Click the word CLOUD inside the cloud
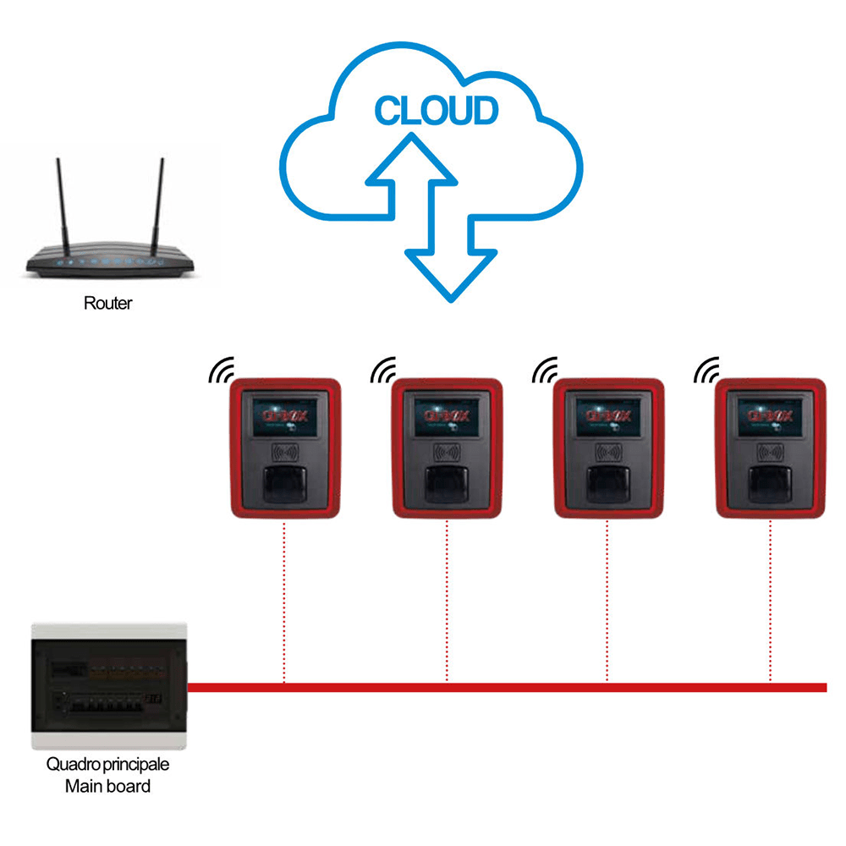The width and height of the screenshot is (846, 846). tap(436, 111)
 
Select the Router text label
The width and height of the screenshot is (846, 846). tap(108, 303)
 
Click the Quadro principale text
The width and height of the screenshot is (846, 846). tap(108, 765)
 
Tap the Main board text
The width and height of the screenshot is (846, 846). tap(108, 786)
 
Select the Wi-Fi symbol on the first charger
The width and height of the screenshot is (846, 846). tap(221, 369)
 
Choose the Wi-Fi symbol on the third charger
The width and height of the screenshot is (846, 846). tap(544, 369)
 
